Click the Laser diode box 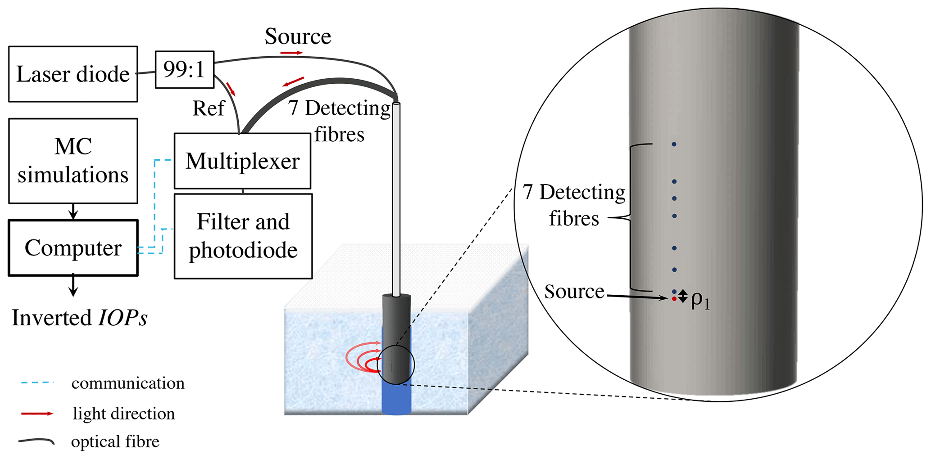point(73,74)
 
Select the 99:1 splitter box point(184,70)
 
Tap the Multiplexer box point(242,161)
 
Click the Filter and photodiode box point(243,236)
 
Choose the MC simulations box point(73,161)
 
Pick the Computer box point(73,248)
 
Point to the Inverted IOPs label point(80,318)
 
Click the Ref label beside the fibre point(209,108)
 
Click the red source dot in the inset point(674,299)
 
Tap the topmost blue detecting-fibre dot point(674,144)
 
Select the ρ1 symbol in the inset point(700,300)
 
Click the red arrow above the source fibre point(291,53)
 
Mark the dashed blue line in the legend point(37,383)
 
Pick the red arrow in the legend point(37,414)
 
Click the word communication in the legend point(128,383)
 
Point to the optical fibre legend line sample point(36,441)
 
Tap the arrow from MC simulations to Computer point(73,211)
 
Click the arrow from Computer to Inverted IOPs point(73,286)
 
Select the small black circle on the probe point(396,365)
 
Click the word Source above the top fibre point(298,36)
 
